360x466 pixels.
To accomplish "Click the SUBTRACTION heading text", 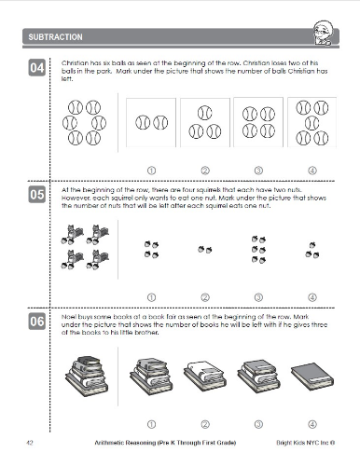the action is [x=55, y=37].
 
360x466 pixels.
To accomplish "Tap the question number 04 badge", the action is [x=37, y=67].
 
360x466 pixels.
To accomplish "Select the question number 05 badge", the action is [x=37, y=195].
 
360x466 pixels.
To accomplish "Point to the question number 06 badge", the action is [x=37, y=322].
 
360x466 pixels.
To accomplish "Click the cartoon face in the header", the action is [x=324, y=34].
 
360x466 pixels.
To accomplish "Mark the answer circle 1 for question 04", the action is [x=151, y=171].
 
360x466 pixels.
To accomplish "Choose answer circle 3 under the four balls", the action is [x=258, y=171].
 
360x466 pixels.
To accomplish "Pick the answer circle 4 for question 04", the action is [x=312, y=171].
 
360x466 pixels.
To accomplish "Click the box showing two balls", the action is [x=151, y=122].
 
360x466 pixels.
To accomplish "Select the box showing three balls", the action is [x=205, y=122].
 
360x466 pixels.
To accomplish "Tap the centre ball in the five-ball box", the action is [x=312, y=123].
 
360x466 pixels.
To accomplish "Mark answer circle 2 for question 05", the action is [x=205, y=297].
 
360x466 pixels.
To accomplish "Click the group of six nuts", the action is [x=258, y=249].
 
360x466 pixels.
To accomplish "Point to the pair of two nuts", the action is [x=205, y=249].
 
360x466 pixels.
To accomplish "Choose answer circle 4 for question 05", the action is [x=312, y=297].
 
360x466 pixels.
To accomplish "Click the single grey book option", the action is [x=312, y=376].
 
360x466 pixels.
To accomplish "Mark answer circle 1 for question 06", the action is [x=151, y=424].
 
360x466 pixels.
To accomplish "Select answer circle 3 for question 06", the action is [x=258, y=424].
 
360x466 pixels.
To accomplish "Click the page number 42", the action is [x=30, y=443].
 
